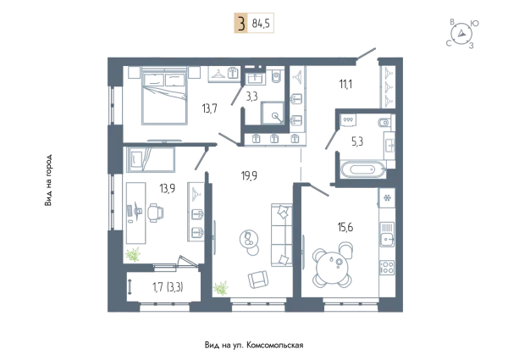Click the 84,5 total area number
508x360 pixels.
261,24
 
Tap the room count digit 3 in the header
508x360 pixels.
240,24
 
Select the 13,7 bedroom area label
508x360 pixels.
210,108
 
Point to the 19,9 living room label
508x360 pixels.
249,175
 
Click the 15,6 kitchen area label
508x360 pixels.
345,227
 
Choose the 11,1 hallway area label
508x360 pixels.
345,85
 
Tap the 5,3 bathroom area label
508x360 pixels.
357,141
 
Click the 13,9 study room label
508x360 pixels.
167,188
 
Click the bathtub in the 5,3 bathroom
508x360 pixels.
363,169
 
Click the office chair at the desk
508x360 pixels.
155,213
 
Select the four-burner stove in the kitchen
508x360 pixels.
387,268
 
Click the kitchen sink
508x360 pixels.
387,235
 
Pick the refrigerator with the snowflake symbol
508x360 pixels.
387,197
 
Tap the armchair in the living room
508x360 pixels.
258,279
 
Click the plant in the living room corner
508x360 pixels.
221,288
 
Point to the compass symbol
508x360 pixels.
461,34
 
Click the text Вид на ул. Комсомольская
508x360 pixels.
254,345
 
